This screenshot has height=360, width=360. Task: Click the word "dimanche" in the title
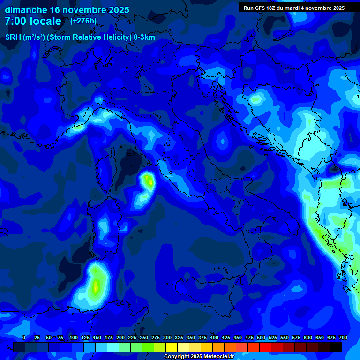[x=26, y=10]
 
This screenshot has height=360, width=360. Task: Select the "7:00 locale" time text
[x=33, y=21]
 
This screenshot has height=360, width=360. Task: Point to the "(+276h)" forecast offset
[x=83, y=21]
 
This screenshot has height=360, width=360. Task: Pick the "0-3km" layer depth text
[x=144, y=37]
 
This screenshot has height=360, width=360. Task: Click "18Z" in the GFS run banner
[x=271, y=8]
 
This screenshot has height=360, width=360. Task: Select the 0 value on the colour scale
[x=24, y=337]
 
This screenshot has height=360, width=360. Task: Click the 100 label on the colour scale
[x=74, y=337]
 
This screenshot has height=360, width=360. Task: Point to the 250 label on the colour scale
[x=144, y=337]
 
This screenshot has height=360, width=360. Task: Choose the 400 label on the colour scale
[x=214, y=337]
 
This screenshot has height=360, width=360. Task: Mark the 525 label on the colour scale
[x=273, y=337]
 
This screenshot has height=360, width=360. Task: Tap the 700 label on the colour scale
[x=343, y=337]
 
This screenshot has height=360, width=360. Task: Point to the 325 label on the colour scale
[x=179, y=337]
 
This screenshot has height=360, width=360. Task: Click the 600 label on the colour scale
[x=308, y=337]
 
